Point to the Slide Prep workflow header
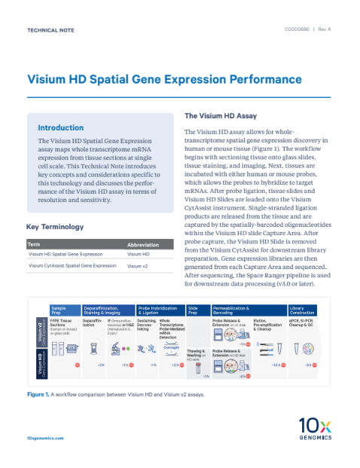pyautogui.click(x=193, y=310)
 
